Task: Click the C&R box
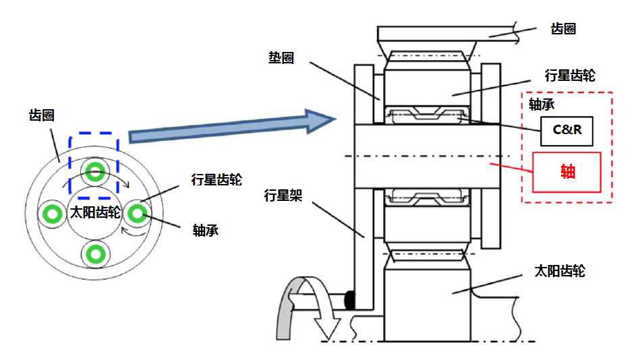tap(566, 130)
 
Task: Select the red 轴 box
tap(567, 172)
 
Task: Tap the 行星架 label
tap(283, 196)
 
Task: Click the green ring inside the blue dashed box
tap(95, 171)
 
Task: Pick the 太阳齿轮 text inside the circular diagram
tap(95, 213)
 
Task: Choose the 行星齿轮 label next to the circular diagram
tap(216, 179)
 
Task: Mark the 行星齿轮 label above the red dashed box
tap(570, 75)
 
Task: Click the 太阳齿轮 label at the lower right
tap(560, 271)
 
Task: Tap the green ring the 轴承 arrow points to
tap(138, 213)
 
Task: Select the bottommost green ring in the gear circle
tap(95, 253)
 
